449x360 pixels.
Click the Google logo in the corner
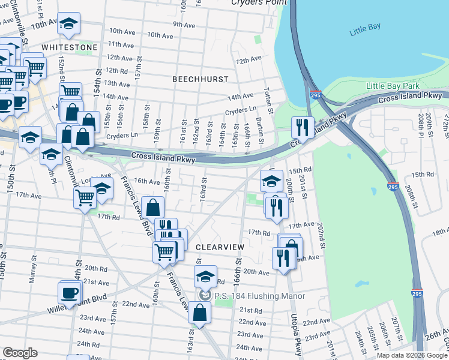click(20, 353)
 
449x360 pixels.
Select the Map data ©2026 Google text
click(411, 355)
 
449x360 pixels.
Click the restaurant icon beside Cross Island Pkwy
click(301, 127)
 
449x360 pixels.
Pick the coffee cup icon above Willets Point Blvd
click(69, 293)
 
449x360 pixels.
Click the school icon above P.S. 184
click(205, 277)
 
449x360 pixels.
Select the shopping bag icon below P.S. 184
click(199, 313)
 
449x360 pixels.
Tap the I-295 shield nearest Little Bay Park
click(316, 95)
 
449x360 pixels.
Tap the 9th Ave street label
click(185, 24)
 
